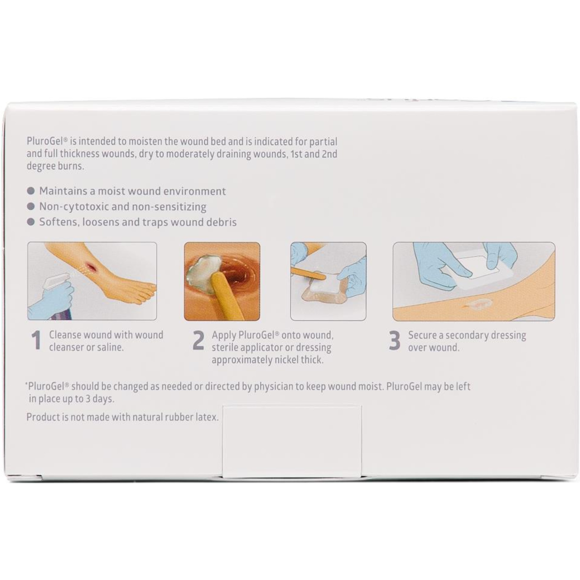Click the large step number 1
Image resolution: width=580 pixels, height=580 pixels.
point(36,341)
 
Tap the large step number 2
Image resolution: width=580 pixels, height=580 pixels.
point(198,341)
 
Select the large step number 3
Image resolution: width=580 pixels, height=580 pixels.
point(394,341)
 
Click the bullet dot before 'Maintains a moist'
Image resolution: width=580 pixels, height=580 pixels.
point(31,191)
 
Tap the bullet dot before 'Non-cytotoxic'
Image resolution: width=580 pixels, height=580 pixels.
point(31,206)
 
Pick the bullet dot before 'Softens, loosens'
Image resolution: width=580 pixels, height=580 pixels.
point(31,222)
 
